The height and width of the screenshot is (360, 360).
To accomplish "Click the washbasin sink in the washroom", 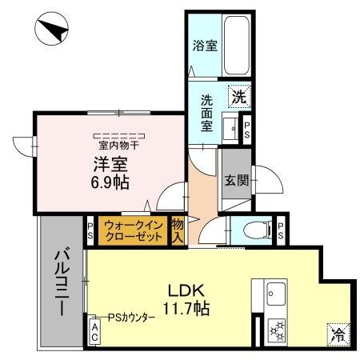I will click(x=231, y=127).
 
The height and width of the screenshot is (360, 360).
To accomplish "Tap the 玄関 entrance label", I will click(x=235, y=180).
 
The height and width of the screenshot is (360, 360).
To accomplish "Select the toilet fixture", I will click(x=254, y=230).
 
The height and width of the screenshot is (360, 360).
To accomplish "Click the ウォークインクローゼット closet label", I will click(x=133, y=230).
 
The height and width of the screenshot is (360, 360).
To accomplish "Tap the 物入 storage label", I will click(x=178, y=230).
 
